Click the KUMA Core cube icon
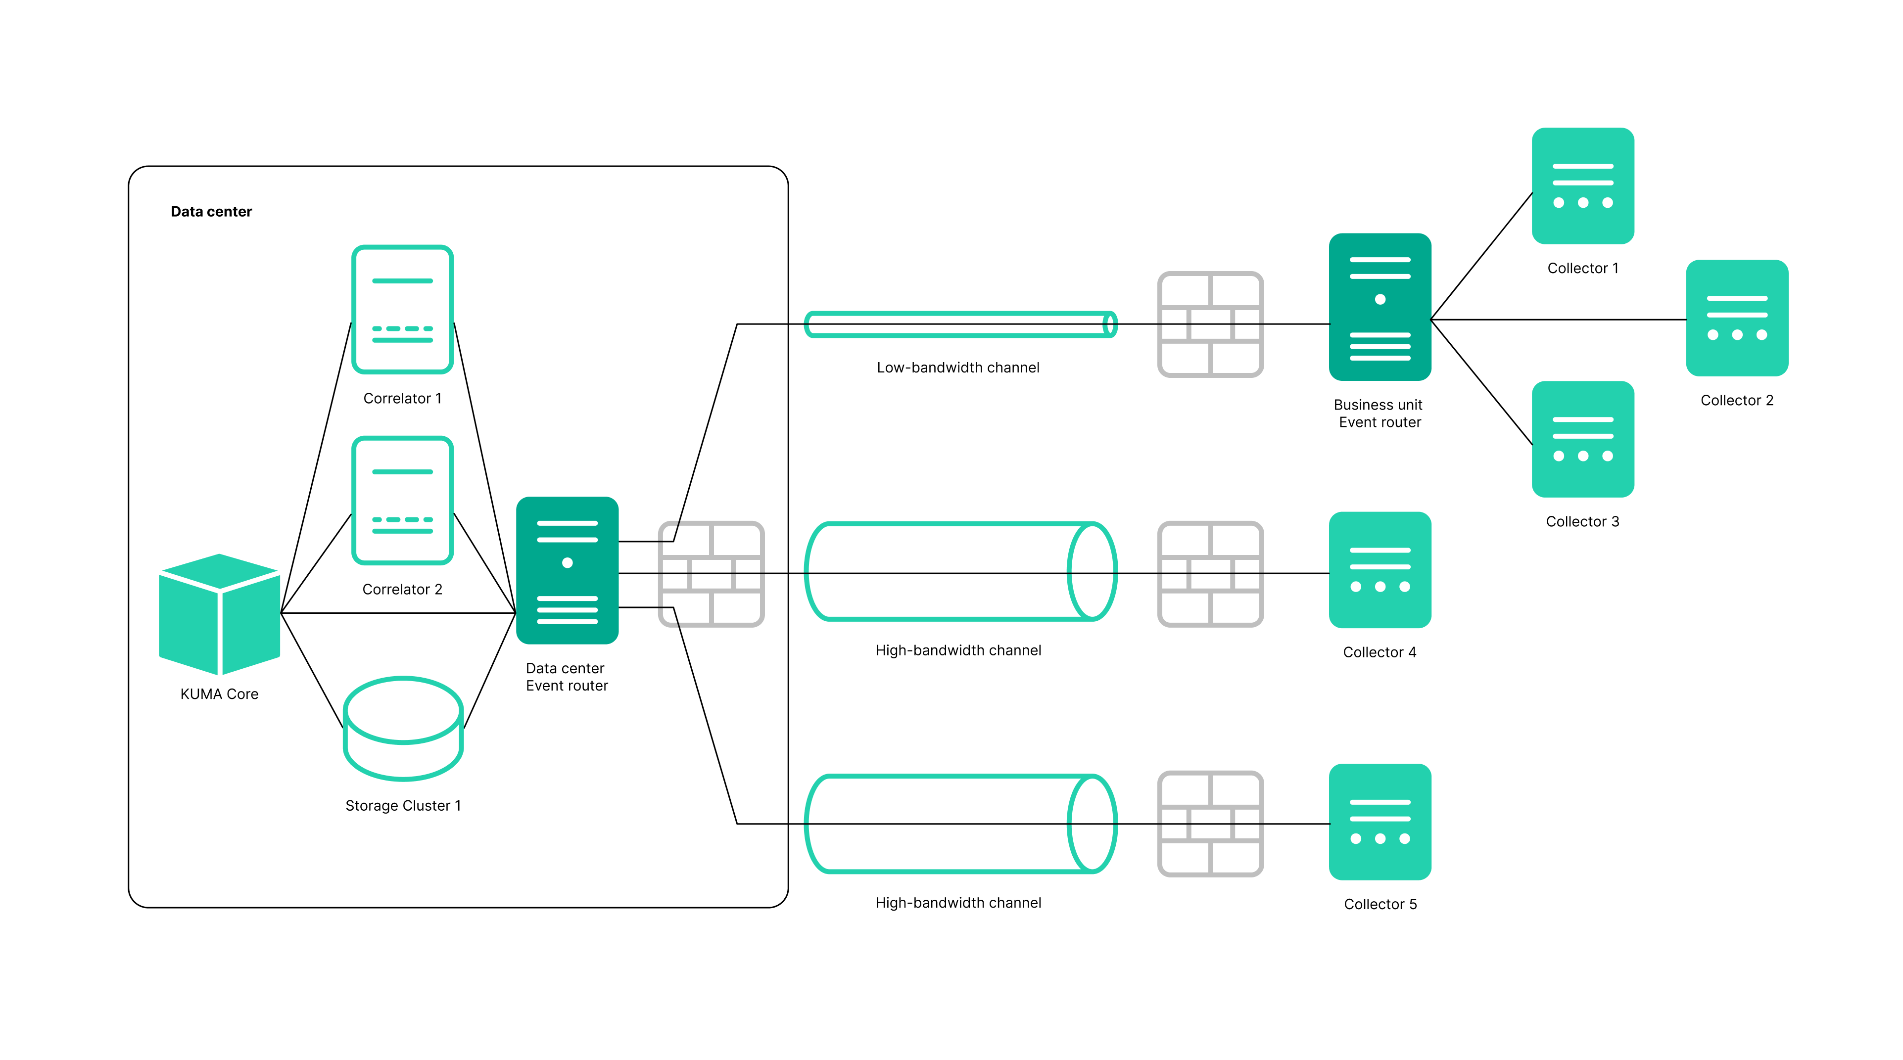pos(219,614)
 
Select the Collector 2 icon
pos(1736,318)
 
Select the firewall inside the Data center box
pos(711,574)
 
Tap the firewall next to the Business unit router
pos(1210,324)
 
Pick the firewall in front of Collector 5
pos(1210,824)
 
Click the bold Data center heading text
pos(211,211)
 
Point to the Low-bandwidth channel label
pos(957,367)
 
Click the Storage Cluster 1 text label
pos(403,805)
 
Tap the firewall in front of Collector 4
pos(1210,574)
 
